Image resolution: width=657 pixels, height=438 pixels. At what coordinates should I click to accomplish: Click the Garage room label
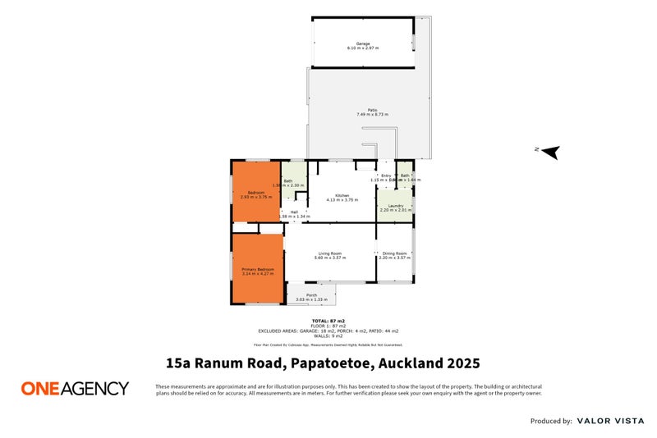click(x=362, y=43)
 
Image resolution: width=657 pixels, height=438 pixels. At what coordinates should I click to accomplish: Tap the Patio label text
click(x=372, y=110)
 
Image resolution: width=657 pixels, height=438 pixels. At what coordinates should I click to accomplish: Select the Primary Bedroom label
click(x=257, y=269)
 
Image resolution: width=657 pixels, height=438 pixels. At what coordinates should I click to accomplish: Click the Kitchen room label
click(x=331, y=195)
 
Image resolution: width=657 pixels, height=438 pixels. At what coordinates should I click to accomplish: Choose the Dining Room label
click(x=394, y=253)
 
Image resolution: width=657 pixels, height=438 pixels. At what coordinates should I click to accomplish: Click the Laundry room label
click(x=394, y=206)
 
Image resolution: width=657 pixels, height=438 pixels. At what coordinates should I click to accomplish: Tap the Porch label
click(x=311, y=295)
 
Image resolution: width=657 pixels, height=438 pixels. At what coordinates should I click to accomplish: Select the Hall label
click(x=293, y=212)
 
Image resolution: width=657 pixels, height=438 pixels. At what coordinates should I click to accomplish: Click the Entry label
click(x=385, y=176)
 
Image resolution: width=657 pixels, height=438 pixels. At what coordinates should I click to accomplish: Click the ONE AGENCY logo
click(x=75, y=388)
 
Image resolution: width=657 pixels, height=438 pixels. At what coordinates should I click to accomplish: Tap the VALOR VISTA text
click(x=609, y=421)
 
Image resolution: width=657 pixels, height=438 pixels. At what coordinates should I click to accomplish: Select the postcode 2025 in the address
click(x=463, y=363)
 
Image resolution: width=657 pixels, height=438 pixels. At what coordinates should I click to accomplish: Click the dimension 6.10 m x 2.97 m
click(x=362, y=48)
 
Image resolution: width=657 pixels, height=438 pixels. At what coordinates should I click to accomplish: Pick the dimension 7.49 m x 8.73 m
click(x=372, y=115)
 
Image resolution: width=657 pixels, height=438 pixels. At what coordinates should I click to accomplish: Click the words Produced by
click(x=551, y=421)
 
